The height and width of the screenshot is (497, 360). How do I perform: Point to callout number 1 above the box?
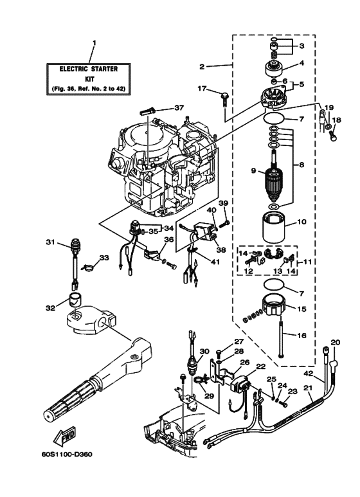94,44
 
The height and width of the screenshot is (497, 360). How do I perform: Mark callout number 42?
308,373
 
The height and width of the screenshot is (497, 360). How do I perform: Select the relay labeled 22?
244,379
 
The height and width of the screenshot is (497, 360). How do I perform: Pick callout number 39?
224,203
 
